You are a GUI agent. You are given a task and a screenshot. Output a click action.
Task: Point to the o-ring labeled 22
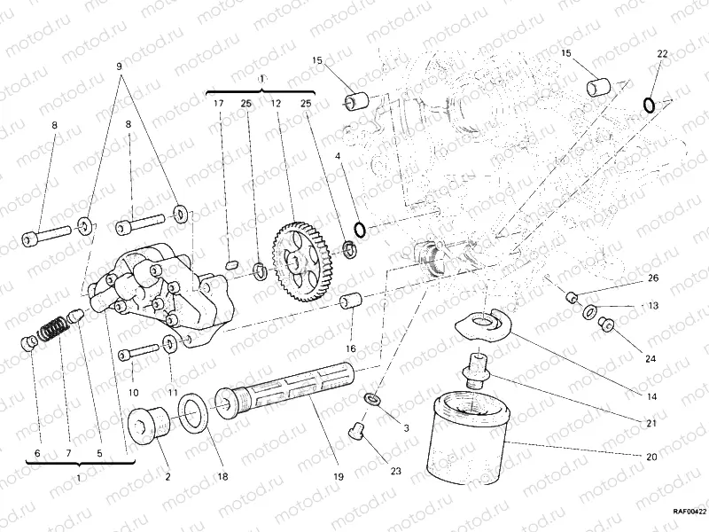tap(650, 106)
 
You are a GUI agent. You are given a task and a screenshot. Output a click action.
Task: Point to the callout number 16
tap(351, 348)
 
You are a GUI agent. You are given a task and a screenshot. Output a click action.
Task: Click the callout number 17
tap(217, 104)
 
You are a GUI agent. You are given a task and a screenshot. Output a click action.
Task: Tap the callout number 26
tap(652, 278)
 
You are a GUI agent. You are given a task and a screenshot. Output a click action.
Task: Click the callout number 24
tap(651, 359)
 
